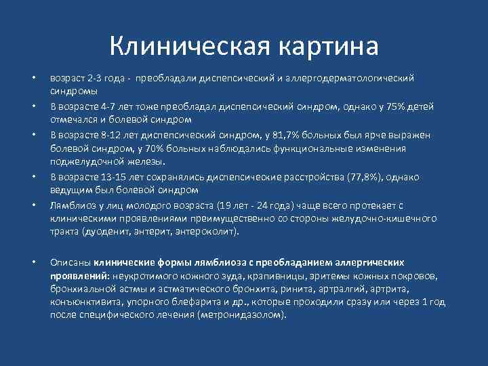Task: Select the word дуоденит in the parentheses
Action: [x=104, y=232]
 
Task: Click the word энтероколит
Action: [x=207, y=232]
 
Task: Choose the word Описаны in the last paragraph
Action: [x=70, y=262]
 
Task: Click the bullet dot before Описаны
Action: [x=33, y=262]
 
